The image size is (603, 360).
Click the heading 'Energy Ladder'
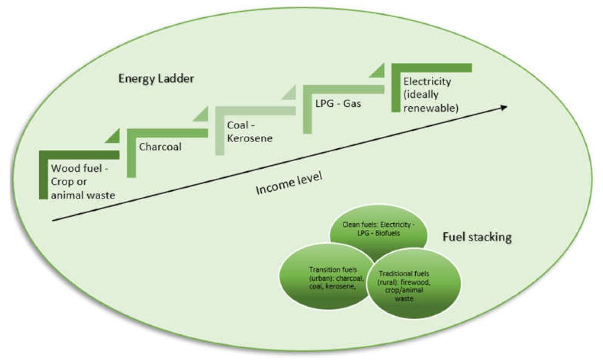tap(156, 79)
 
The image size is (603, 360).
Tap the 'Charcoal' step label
tap(160, 147)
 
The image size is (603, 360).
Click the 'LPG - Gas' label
tap(337, 103)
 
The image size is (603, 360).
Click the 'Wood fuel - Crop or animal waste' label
tap(83, 181)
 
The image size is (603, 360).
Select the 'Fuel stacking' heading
tap(477, 237)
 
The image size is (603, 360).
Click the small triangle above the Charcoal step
tap(113, 136)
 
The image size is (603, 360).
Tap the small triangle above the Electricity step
tap(378, 72)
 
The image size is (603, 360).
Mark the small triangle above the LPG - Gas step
tap(290, 93)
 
